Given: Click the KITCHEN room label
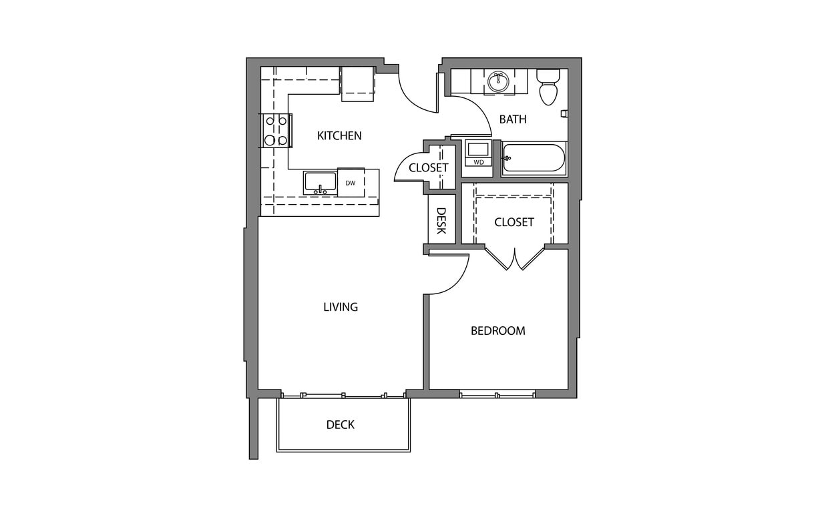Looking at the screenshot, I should pos(339,136).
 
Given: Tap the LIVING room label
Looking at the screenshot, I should pos(341,308).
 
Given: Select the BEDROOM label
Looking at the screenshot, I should pos(498,331).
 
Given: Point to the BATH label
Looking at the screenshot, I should pos(513,119).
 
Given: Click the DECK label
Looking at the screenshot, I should pos(341,425).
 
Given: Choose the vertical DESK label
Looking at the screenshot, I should pos(441,220).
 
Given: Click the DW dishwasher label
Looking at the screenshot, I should pos(351,183).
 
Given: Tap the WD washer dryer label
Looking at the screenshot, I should pos(479,162).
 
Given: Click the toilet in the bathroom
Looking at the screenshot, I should pos(548,87).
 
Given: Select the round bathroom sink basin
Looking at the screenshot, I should pos(498,81).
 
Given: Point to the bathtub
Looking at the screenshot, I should pos(534,159).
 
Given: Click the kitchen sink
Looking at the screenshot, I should pos(321,183).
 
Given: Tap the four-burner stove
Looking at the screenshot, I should pos(276,131).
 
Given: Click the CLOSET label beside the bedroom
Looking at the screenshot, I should pos(514,222).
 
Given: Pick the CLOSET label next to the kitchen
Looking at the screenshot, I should pos(429,167).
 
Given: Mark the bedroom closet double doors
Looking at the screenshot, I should pos(514,259).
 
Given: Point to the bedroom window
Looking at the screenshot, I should pos(497,395).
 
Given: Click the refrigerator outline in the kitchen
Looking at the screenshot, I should pos(357,83).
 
